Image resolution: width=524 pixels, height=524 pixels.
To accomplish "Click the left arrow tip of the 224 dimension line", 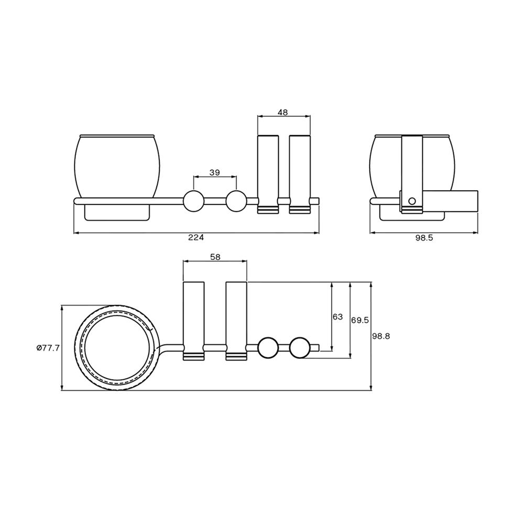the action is point(74,233).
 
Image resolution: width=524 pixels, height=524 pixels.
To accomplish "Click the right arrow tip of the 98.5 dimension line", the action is point(478,233).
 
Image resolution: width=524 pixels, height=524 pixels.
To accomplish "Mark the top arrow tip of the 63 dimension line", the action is point(332,282).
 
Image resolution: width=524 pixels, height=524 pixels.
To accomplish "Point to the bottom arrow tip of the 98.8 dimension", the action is point(371,390).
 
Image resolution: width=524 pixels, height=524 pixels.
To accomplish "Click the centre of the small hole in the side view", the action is point(412,201).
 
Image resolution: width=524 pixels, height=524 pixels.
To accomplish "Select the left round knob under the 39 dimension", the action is point(193,201).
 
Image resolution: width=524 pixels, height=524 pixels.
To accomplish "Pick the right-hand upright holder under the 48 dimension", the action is point(300,174).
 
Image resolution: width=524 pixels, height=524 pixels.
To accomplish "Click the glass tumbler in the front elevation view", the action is point(117,166).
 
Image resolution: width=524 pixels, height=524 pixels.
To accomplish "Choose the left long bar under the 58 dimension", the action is point(194,321).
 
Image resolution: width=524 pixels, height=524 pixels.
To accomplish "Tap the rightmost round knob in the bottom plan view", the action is point(300,348).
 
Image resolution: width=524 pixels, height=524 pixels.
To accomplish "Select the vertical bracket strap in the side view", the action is point(412,174).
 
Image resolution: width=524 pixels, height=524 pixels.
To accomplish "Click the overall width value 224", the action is point(196,237).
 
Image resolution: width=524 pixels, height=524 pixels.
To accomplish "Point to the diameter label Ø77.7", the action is point(48,348).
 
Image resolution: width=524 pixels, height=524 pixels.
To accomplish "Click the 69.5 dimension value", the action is point(360,320).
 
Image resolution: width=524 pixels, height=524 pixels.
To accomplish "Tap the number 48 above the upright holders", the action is point(283,112).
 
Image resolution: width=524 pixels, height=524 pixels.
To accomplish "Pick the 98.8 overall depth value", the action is point(381,336).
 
